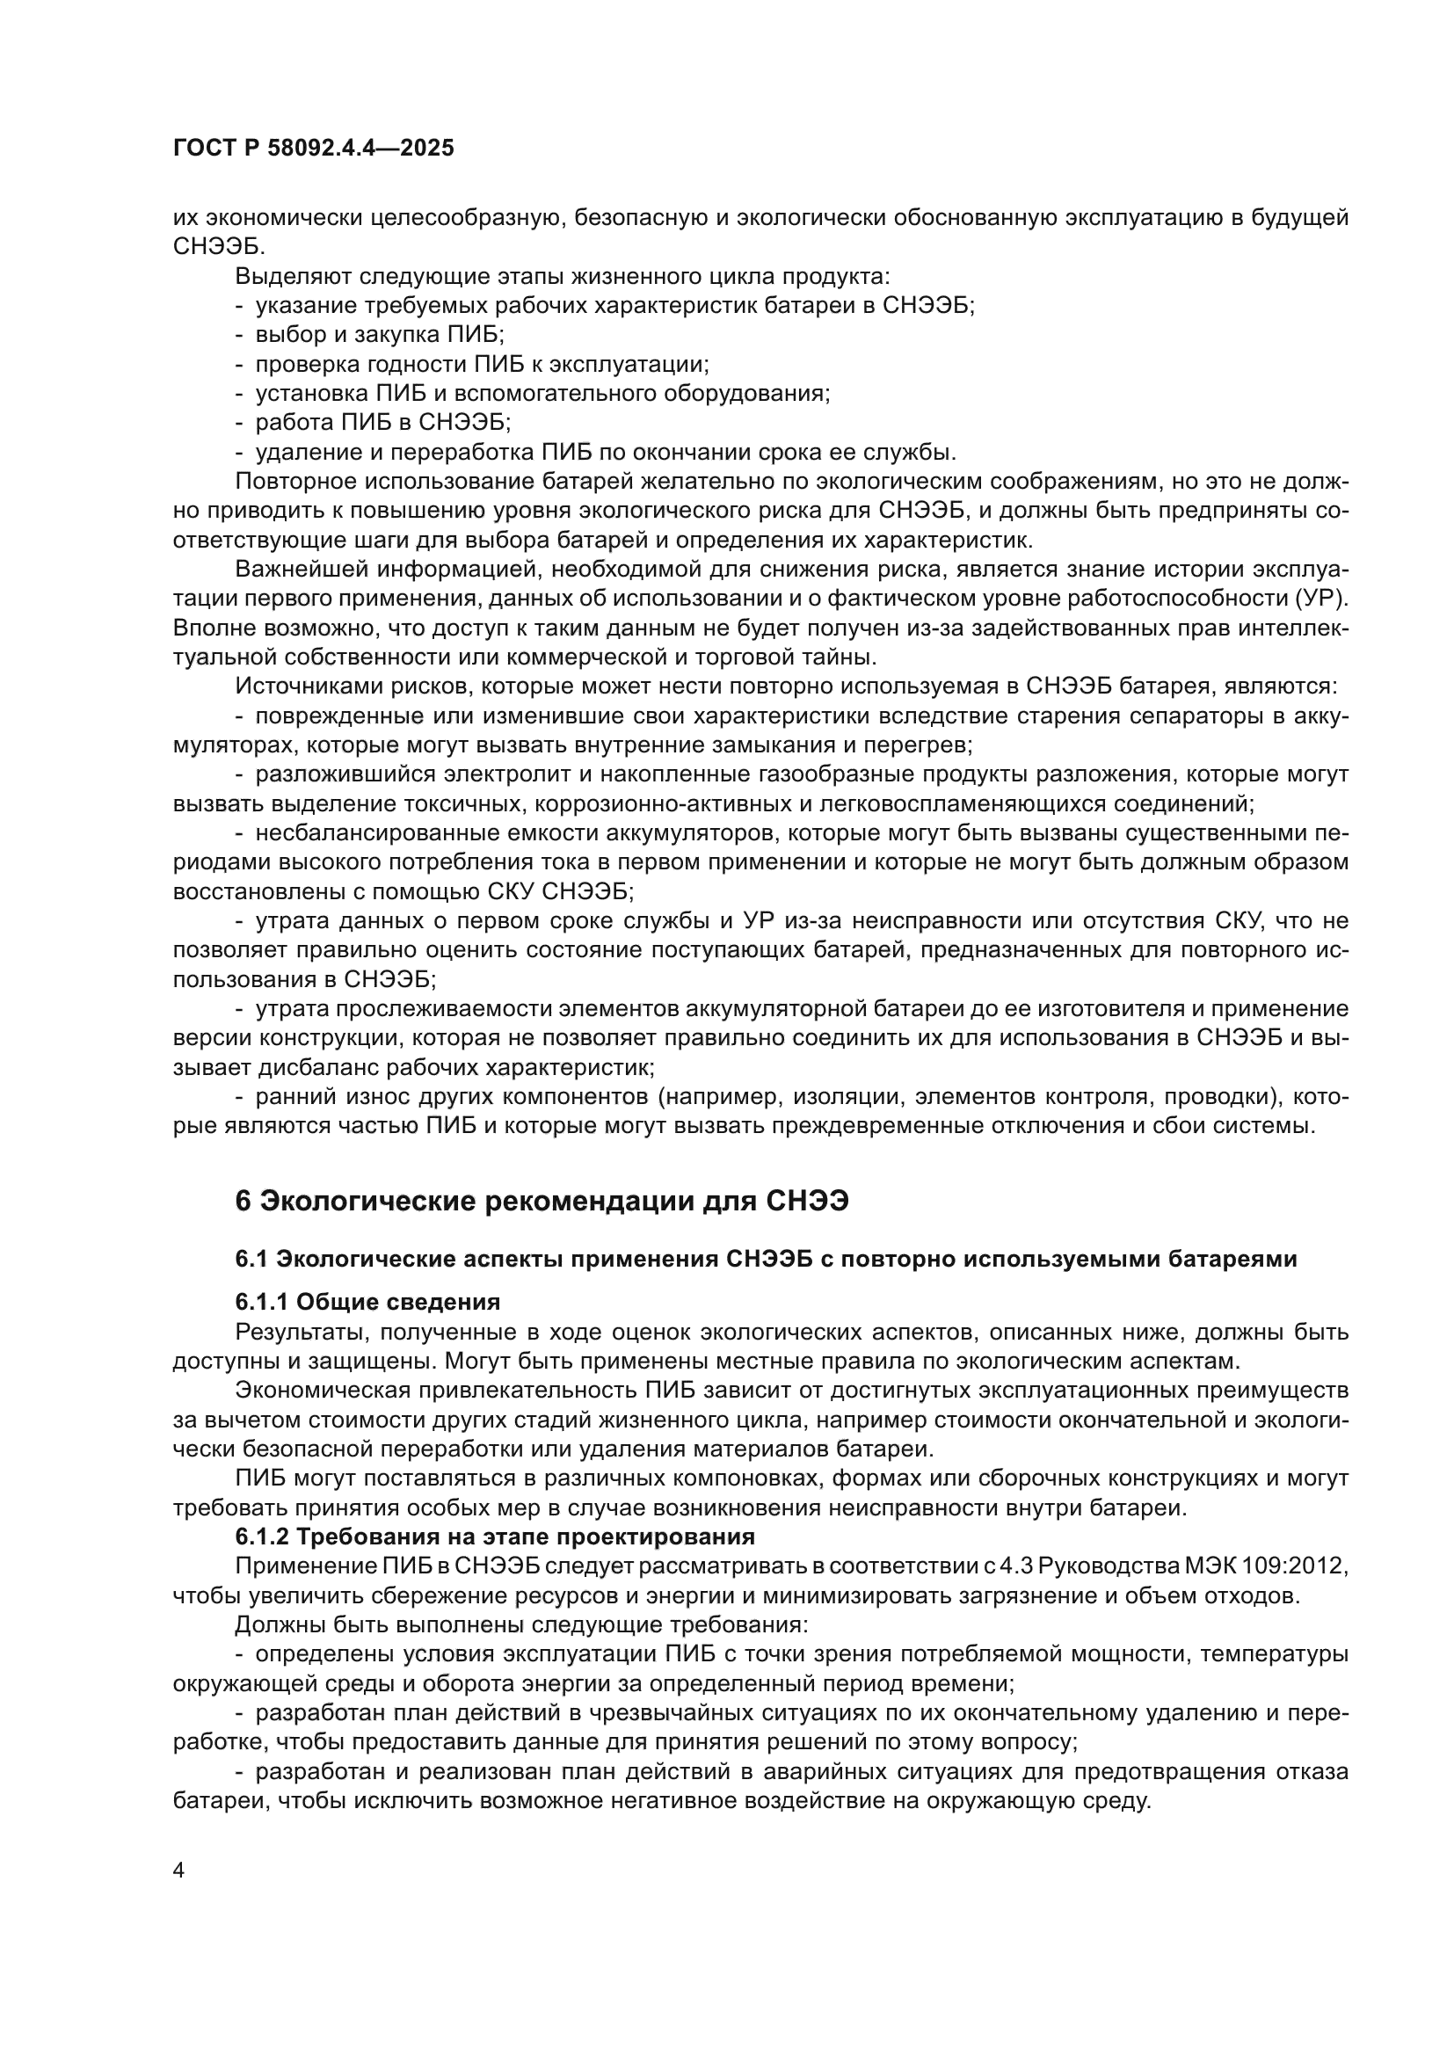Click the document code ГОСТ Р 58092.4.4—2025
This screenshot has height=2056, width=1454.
pos(313,149)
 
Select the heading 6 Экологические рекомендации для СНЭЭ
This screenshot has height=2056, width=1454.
pos(541,1202)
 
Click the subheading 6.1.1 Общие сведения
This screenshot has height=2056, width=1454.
pos(367,1302)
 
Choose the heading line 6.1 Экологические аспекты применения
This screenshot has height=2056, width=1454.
pos(766,1259)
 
